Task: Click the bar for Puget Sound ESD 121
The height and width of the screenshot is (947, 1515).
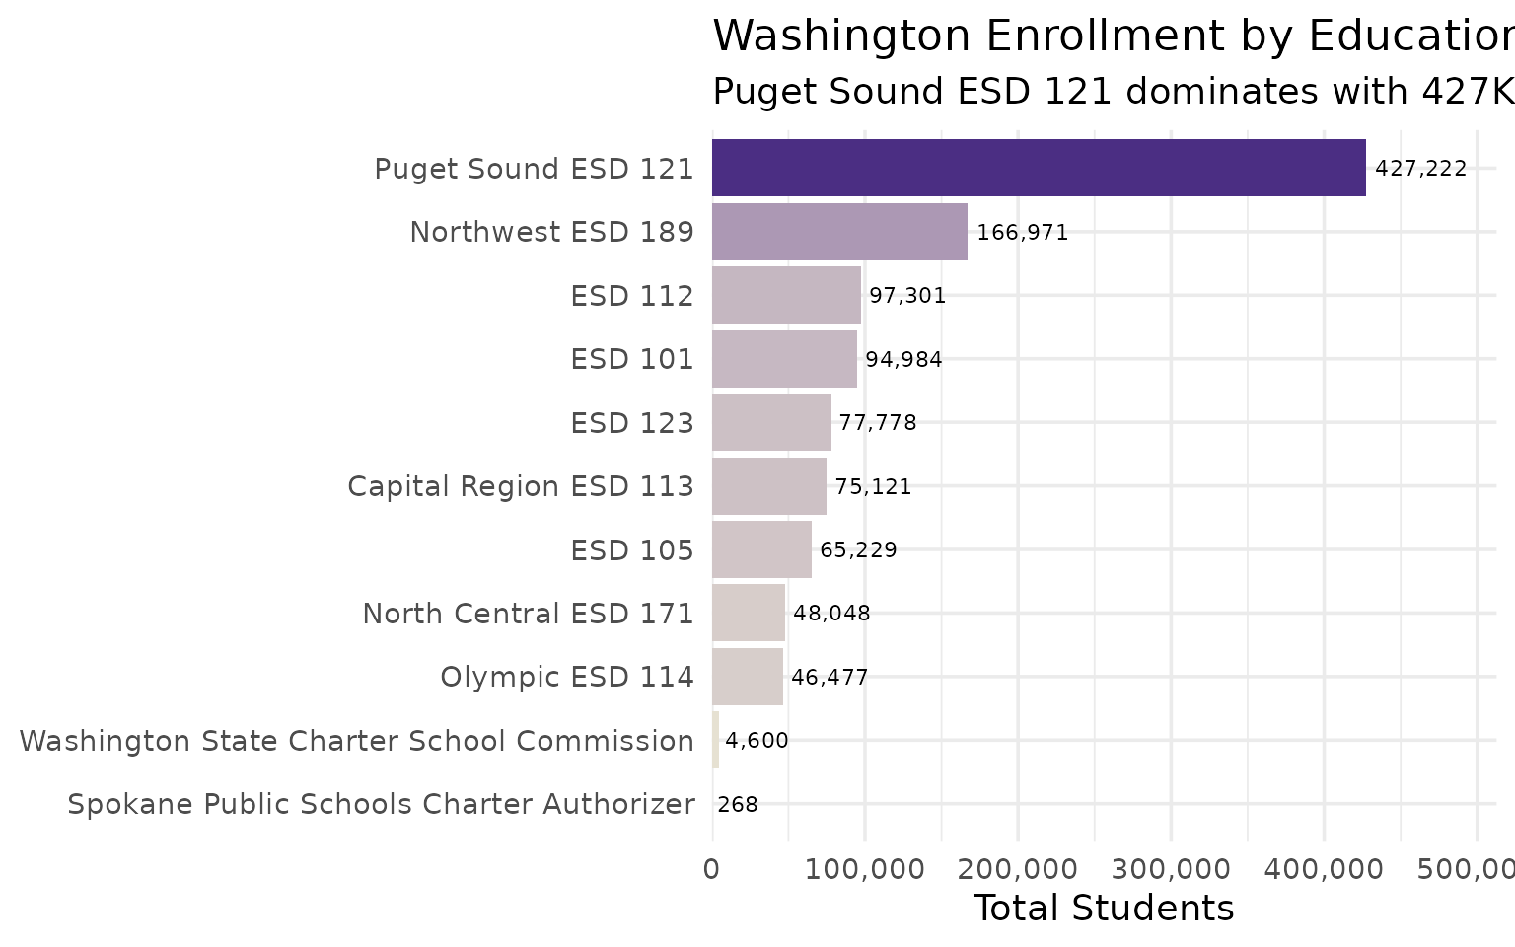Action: (1039, 168)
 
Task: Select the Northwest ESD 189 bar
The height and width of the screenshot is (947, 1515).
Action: (839, 232)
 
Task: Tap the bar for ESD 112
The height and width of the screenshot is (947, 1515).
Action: (786, 295)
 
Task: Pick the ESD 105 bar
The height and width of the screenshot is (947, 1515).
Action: (761, 549)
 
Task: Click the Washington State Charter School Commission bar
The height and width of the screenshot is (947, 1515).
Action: (715, 740)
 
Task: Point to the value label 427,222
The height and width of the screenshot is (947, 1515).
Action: (1420, 169)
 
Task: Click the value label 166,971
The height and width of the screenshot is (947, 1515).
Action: (1022, 233)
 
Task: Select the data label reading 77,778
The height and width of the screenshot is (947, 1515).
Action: (877, 423)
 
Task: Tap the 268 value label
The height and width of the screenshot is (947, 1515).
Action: (737, 805)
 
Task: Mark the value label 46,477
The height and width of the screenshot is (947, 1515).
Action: (829, 678)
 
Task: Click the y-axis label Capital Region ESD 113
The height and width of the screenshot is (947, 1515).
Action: (521, 486)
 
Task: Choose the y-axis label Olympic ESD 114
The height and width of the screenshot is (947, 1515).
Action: (567, 677)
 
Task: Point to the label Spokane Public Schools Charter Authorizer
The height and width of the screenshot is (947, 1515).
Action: (381, 804)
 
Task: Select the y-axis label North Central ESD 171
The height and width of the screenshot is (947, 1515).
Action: (528, 614)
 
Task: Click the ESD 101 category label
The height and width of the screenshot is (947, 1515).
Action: (632, 359)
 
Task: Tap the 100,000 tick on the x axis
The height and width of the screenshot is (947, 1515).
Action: (864, 869)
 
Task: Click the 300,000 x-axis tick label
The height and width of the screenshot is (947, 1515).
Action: (1170, 869)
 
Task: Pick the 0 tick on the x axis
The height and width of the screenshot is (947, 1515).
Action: (711, 869)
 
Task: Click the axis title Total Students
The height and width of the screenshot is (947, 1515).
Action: (1103, 908)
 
